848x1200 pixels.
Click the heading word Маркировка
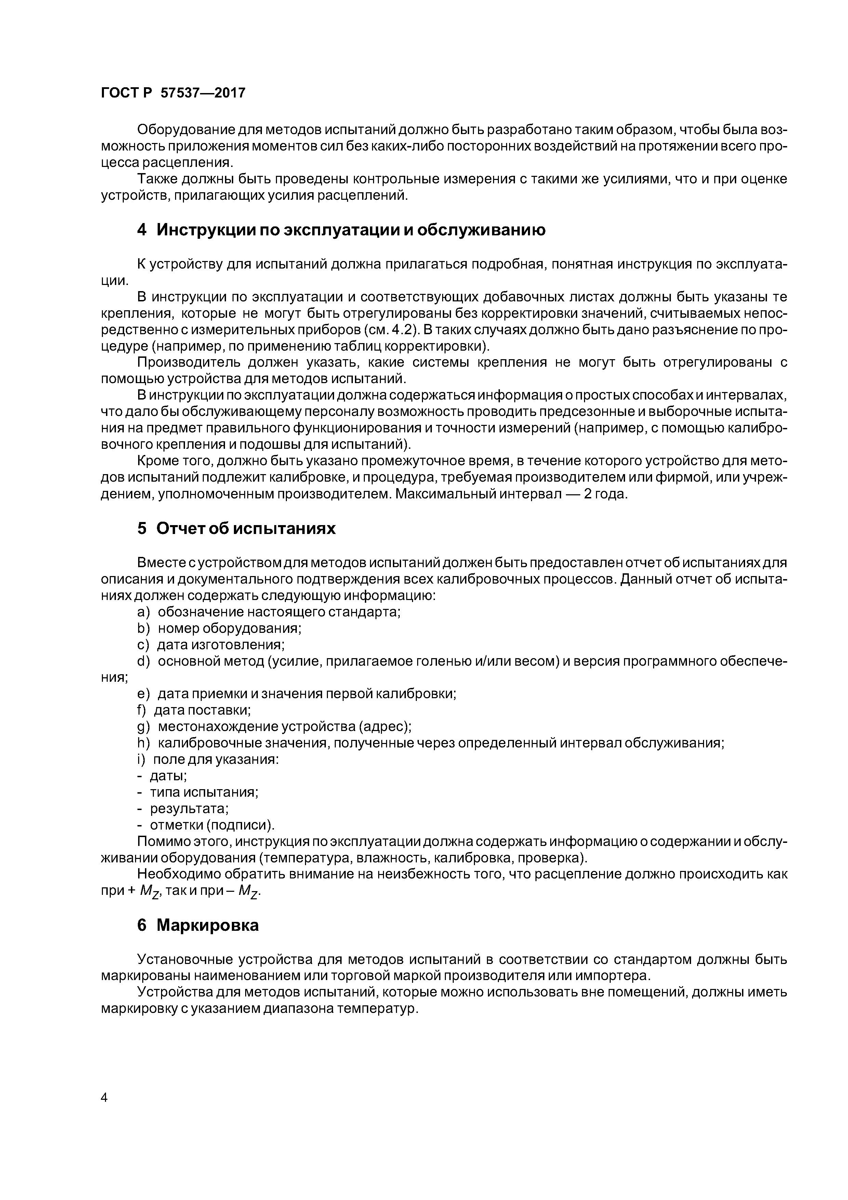pos(208,925)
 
